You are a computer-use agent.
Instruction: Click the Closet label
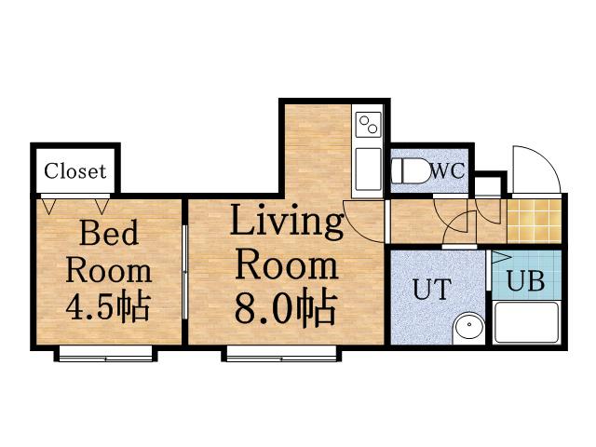(x=74, y=171)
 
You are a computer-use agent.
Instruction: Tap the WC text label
(x=447, y=170)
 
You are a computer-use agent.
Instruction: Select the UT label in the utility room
(x=432, y=290)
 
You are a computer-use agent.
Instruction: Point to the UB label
(x=525, y=281)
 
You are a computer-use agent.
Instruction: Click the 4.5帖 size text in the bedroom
(x=108, y=306)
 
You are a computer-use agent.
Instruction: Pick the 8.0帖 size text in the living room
(x=286, y=308)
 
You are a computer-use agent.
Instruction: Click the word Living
(x=287, y=222)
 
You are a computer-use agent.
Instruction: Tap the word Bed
(x=109, y=232)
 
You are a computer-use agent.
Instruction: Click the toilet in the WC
(x=410, y=171)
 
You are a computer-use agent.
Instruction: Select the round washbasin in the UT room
(x=469, y=325)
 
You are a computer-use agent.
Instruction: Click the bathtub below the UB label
(x=526, y=322)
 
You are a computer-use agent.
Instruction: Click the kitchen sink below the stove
(x=368, y=169)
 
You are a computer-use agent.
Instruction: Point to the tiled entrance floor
(x=534, y=221)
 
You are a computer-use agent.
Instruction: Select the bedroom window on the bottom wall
(x=105, y=354)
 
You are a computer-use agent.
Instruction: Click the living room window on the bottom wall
(x=281, y=354)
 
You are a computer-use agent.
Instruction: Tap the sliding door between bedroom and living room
(x=184, y=272)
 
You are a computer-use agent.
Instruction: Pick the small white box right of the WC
(x=488, y=186)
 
